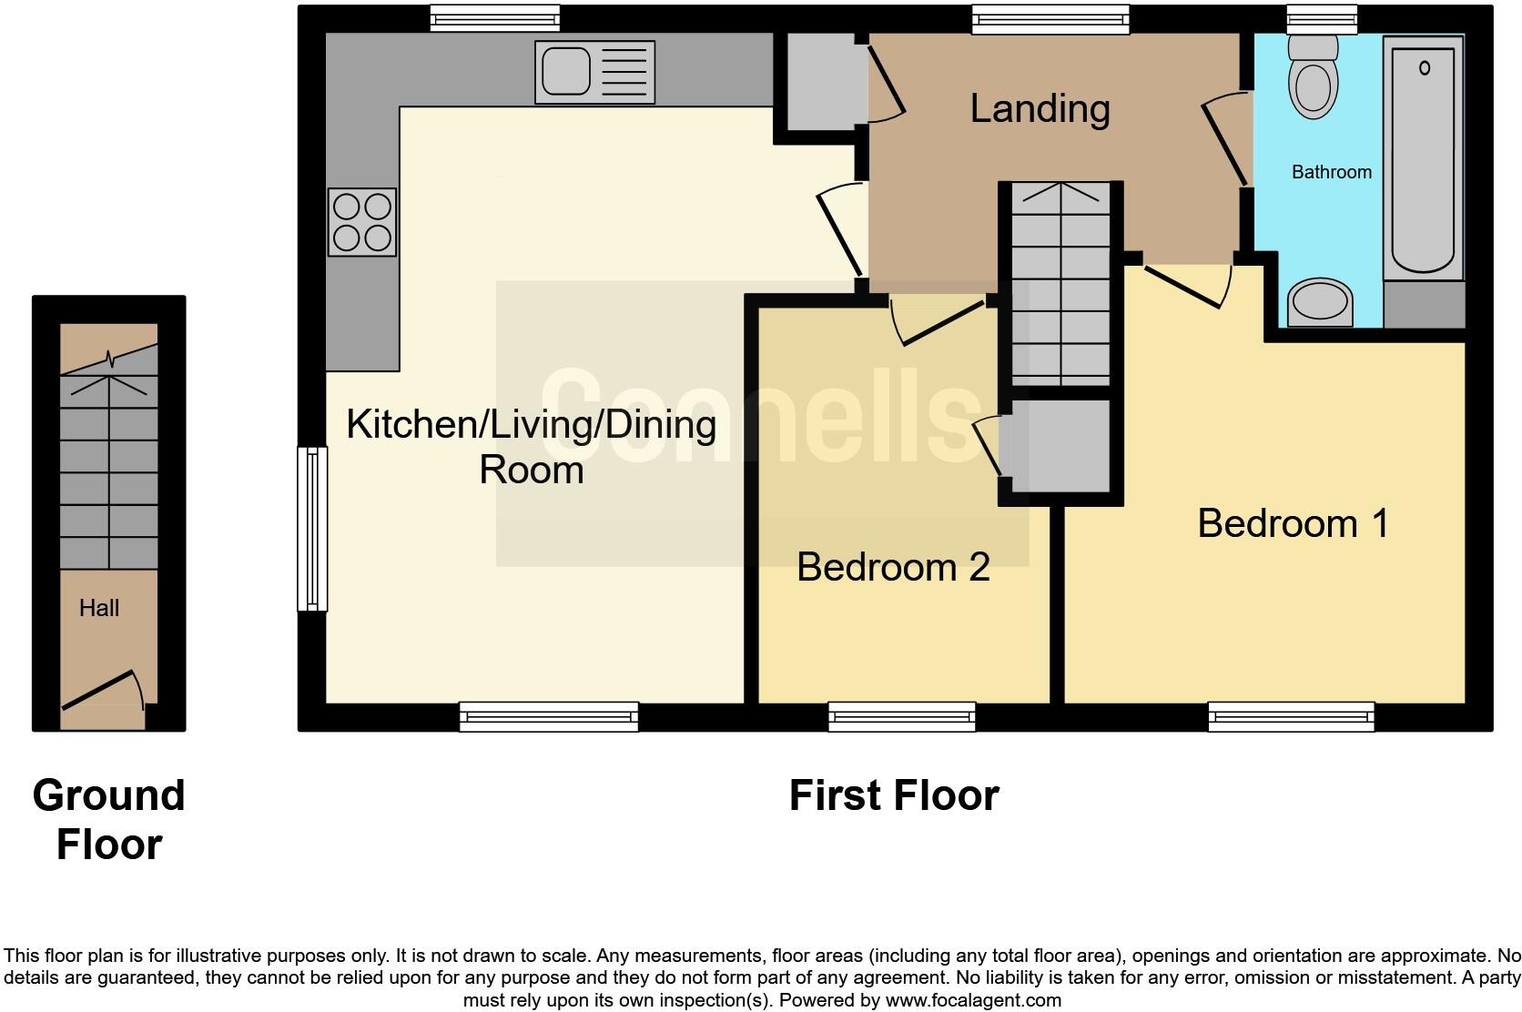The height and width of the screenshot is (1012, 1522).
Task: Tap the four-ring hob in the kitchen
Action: click(362, 222)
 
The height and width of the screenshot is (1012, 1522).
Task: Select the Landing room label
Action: click(1040, 109)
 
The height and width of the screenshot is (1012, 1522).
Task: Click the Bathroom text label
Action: click(1331, 172)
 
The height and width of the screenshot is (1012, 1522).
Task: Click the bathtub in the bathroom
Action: click(1423, 159)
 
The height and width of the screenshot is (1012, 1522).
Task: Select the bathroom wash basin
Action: click(1320, 302)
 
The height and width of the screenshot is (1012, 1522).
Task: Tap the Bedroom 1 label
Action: click(1293, 523)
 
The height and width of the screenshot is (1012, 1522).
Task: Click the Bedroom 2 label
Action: click(893, 567)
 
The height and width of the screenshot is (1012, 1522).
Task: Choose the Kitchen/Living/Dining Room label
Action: click(532, 447)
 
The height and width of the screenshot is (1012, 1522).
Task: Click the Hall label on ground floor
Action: click(99, 608)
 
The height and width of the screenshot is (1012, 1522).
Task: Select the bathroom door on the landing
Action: click(1226, 141)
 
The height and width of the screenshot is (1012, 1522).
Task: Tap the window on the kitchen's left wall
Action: click(312, 528)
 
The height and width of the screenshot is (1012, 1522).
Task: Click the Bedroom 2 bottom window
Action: click(901, 717)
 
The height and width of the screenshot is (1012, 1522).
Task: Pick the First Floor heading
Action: click(894, 795)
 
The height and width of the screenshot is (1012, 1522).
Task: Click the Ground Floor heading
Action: click(109, 819)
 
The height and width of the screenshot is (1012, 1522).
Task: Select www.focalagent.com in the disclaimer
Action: click(973, 1000)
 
